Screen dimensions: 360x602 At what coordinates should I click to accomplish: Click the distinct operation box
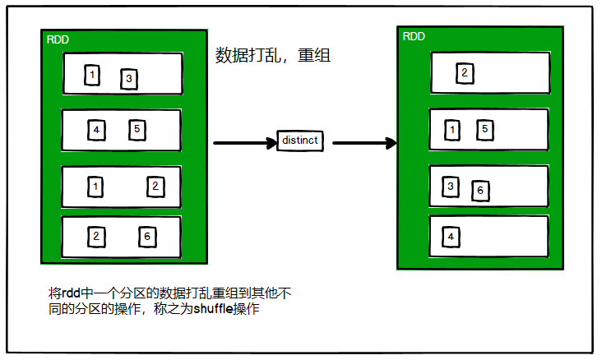pyautogui.click(x=299, y=141)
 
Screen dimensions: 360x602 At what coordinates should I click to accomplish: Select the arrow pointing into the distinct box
pyautogui.click(x=245, y=143)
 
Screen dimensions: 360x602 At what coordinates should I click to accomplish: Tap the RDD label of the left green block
pyautogui.click(x=58, y=39)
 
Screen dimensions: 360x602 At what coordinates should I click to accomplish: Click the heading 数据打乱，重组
pyautogui.click(x=272, y=56)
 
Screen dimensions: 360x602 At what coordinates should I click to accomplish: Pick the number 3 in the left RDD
pyautogui.click(x=128, y=79)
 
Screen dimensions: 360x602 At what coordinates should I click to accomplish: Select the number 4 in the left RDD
pyautogui.click(x=96, y=130)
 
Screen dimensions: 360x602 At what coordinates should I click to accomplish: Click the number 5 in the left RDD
pyautogui.click(x=137, y=129)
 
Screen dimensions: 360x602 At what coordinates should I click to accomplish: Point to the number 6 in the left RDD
pyautogui.click(x=146, y=237)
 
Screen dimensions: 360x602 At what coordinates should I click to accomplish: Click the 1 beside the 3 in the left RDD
pyautogui.click(x=92, y=76)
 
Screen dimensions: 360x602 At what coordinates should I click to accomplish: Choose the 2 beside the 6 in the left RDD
pyautogui.click(x=96, y=237)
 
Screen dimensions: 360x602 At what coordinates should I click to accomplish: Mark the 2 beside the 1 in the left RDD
pyautogui.click(x=155, y=187)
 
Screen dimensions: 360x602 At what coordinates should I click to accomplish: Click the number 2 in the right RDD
pyautogui.click(x=464, y=74)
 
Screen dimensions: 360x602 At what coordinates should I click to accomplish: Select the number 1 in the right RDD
pyautogui.click(x=451, y=129)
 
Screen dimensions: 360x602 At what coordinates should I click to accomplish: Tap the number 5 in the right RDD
pyautogui.click(x=485, y=128)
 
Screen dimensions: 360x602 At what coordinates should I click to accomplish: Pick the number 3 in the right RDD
pyautogui.click(x=450, y=186)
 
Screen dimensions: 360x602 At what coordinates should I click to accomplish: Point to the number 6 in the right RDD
pyautogui.click(x=479, y=192)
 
